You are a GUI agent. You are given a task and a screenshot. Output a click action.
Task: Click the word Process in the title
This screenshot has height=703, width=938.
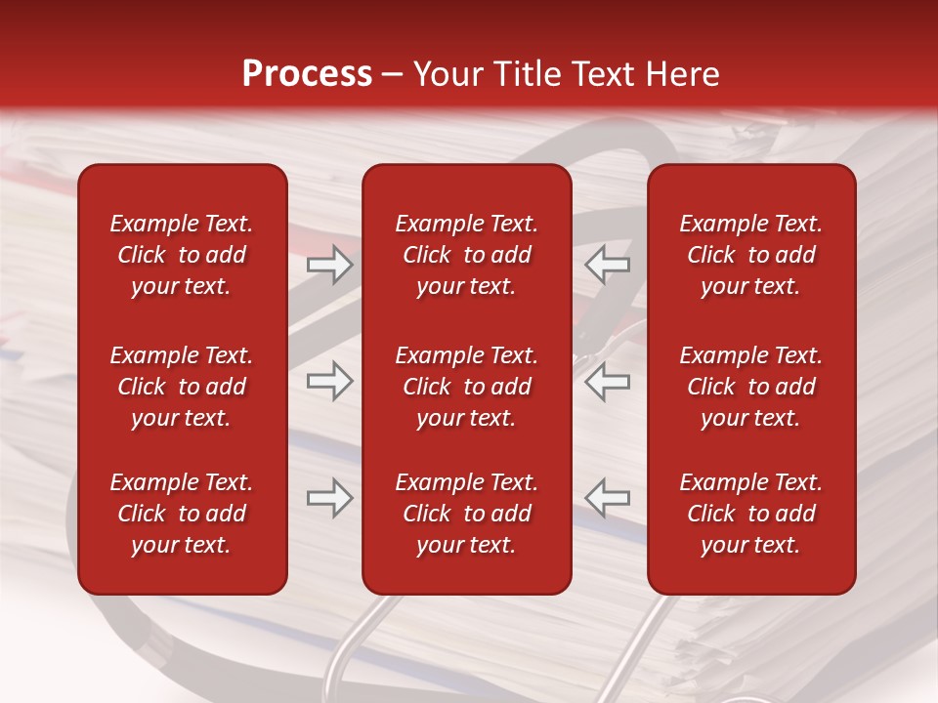tap(307, 74)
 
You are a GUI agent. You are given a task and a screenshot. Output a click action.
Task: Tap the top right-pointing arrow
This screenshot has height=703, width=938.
tap(329, 265)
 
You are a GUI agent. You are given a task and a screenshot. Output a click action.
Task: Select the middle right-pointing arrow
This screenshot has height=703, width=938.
tap(329, 381)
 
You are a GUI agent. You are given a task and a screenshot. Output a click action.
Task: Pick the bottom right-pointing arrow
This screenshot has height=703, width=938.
tap(329, 498)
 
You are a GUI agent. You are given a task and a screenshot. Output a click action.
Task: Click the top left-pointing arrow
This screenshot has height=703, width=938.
tap(607, 265)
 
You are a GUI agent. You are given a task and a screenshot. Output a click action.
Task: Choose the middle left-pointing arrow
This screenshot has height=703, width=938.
tap(607, 381)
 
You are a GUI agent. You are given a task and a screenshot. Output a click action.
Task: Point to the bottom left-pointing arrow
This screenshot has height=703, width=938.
tap(607, 498)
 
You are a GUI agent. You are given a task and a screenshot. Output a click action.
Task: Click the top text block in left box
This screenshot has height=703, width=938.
tap(182, 255)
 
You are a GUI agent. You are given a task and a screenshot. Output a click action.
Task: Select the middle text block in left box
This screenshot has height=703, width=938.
tap(182, 387)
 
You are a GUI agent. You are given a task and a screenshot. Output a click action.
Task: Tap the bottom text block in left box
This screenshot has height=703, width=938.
tap(182, 514)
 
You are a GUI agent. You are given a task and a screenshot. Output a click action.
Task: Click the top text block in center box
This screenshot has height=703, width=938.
tap(466, 255)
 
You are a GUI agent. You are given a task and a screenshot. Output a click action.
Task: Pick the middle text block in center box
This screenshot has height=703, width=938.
tap(466, 387)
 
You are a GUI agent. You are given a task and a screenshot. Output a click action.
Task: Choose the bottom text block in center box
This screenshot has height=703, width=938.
tap(466, 514)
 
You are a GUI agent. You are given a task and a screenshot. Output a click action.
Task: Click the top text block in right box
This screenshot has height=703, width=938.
tap(750, 255)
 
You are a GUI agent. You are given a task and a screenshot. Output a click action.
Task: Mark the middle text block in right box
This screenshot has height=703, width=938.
tap(750, 387)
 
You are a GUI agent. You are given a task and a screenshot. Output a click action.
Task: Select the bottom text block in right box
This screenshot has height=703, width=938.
tap(750, 514)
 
